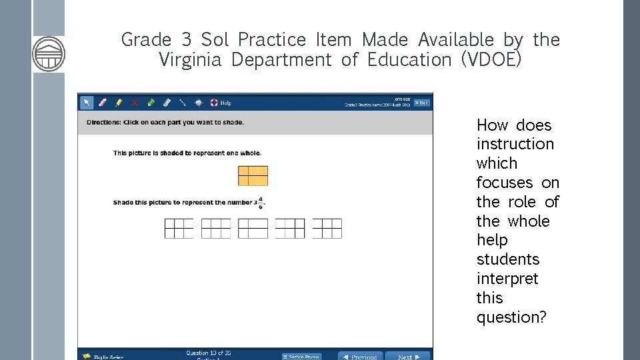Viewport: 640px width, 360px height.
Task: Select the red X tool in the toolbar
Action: tap(135, 103)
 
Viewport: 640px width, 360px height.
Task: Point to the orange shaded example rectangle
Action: tap(253, 175)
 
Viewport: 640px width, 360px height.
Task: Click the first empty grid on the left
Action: tap(179, 229)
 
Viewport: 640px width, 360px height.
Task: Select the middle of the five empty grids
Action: tap(253, 229)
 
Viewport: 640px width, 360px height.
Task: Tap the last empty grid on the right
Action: tap(327, 229)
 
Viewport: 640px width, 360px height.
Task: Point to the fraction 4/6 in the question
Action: tap(260, 203)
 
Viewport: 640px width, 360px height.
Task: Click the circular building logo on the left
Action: tap(49, 53)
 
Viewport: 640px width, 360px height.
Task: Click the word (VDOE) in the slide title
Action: tap(491, 60)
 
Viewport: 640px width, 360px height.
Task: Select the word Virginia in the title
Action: tap(190, 60)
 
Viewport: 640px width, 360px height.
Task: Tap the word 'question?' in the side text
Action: tap(511, 317)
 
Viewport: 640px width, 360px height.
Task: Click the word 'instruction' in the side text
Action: tap(515, 144)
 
